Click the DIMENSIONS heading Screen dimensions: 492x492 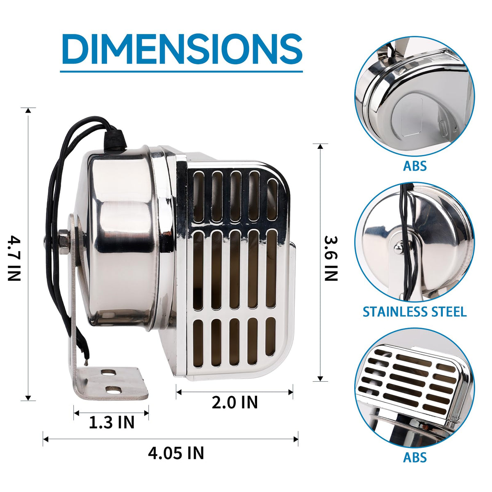tap(182, 49)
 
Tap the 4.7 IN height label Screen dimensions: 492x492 tap(14, 259)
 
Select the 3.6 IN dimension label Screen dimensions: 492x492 tap(331, 258)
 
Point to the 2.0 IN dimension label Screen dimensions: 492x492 tap(235, 403)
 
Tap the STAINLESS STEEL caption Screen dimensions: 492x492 tap(415, 312)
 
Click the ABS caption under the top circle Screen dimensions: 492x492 tap(415, 166)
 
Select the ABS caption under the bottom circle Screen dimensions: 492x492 tap(415, 457)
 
